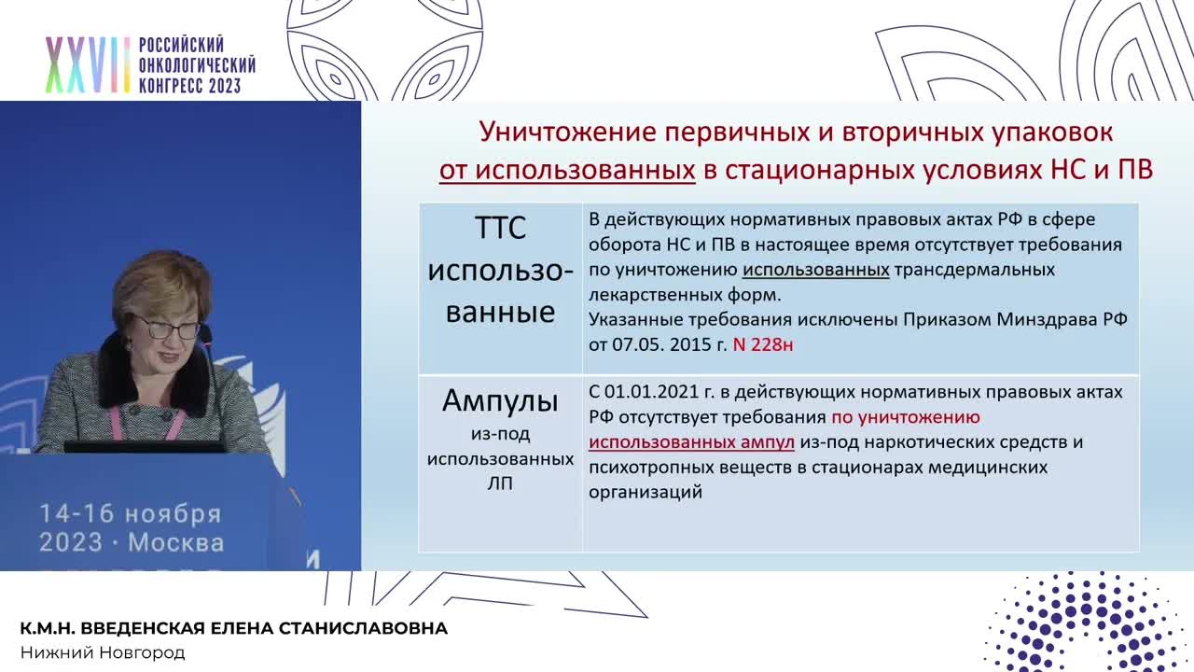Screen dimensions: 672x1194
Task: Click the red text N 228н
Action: [763, 344]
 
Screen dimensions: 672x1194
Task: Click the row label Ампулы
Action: [500, 401]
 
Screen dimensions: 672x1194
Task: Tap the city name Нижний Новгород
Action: [103, 652]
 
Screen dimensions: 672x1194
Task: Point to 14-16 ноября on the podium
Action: [130, 514]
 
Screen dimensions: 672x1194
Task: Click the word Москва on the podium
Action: [175, 542]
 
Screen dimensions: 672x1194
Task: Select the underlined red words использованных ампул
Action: [691, 442]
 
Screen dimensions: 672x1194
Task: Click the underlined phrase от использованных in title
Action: [567, 170]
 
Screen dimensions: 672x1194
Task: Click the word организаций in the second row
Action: [645, 492]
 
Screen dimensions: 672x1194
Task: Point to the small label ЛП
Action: [500, 483]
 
